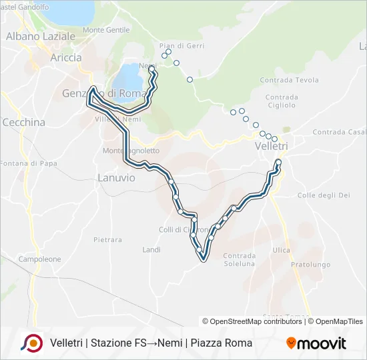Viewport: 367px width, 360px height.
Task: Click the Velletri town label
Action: click(x=271, y=145)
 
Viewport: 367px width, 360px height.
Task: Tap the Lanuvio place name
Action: click(x=116, y=178)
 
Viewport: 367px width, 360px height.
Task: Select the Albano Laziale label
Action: click(x=40, y=37)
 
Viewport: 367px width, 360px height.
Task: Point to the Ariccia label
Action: click(x=65, y=57)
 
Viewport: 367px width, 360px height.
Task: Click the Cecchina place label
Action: click(x=24, y=123)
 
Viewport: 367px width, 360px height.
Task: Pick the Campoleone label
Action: click(x=39, y=259)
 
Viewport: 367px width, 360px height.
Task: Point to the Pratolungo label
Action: click(x=310, y=265)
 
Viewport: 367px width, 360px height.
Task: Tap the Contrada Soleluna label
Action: click(x=239, y=259)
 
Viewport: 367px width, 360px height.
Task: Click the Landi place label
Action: click(x=151, y=249)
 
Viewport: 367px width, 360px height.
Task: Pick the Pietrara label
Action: click(x=107, y=239)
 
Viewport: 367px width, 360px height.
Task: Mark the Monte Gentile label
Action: click(x=106, y=30)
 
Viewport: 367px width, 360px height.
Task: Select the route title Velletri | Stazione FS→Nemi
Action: click(x=151, y=343)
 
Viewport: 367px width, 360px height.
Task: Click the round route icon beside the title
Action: click(x=31, y=343)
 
